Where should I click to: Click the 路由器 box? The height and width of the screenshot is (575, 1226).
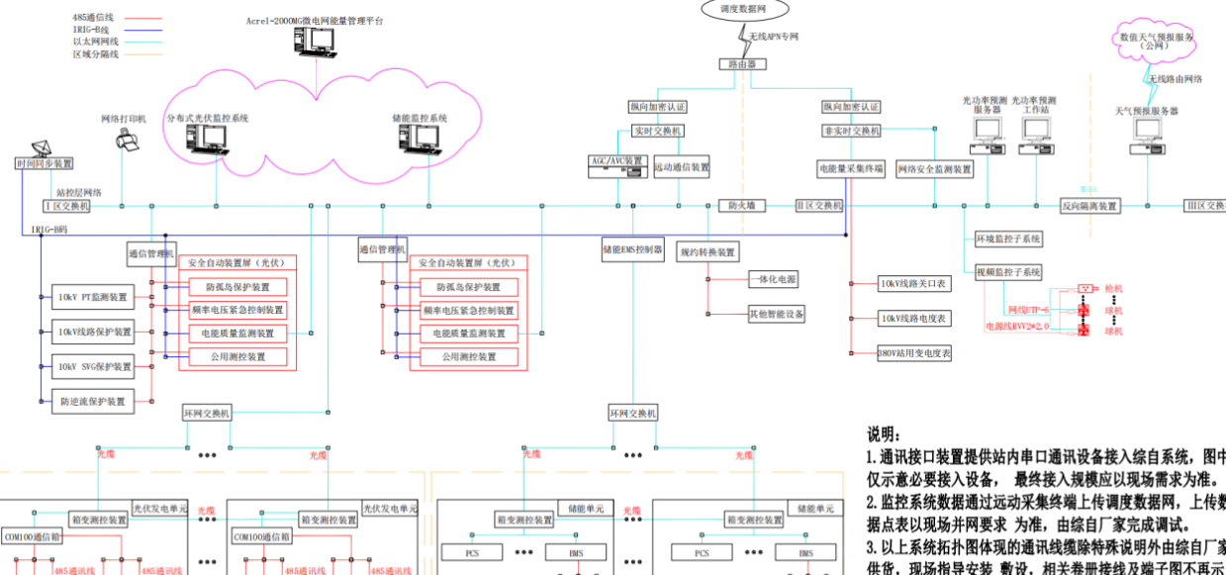742,63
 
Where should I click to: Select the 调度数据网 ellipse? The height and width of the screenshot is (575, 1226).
744,8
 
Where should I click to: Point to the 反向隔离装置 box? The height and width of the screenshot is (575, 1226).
1089,206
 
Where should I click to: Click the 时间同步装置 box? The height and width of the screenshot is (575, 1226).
44,163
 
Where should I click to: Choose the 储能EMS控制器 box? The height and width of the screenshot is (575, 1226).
632,249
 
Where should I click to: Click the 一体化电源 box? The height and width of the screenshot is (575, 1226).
777,280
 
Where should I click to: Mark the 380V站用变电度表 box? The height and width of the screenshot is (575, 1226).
914,352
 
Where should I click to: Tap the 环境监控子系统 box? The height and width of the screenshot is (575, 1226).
1008,239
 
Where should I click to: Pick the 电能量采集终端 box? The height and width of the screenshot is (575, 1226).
850,169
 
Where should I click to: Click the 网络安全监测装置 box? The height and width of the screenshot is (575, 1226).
934,169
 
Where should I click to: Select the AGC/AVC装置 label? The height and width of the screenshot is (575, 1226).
616,160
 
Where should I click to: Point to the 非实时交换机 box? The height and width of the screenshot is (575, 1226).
850,131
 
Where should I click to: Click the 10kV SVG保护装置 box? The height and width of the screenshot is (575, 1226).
94,366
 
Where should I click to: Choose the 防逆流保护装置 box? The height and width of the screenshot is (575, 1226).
94,401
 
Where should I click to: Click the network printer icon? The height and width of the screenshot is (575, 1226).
127,140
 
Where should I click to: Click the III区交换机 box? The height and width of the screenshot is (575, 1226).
1204,206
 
